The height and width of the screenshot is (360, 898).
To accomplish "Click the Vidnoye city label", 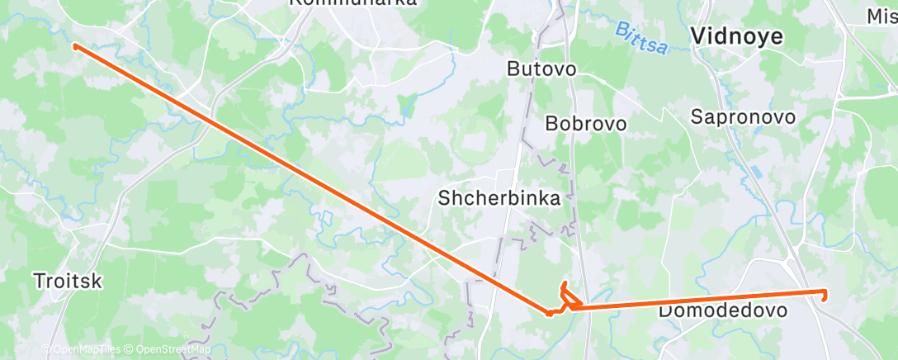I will coord(737,36).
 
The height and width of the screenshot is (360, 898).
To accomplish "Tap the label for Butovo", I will coord(541,69).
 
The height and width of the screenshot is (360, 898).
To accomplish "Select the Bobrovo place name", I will coord(586,124).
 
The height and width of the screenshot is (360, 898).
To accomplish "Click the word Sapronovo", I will coord(743,117).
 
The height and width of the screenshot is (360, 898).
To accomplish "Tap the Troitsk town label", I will coord(68,281).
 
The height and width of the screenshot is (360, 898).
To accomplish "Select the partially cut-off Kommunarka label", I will coord(352,3).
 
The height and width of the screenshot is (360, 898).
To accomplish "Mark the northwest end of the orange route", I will coord(75,46).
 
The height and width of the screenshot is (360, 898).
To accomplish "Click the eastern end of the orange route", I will coord(825,292).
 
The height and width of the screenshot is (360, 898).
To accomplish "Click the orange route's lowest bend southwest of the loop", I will coord(550,313).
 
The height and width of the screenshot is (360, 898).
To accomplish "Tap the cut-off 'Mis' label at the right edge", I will coord(881,16).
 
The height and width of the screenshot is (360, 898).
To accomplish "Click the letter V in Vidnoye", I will coord(697,36).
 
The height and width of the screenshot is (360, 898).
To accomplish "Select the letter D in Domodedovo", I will coord(664,311).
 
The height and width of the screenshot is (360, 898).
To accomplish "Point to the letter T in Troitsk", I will coord(39,281).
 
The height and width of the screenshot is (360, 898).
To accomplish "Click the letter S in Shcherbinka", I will coord(444,198).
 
